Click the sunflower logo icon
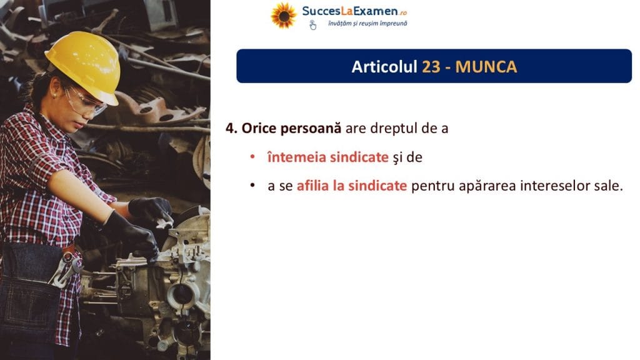(283, 16)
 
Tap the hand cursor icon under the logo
(312, 25)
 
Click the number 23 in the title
(431, 66)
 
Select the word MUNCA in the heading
(486, 66)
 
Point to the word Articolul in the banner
(384, 66)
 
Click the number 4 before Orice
(231, 128)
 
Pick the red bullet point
(252, 157)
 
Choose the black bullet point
(252, 186)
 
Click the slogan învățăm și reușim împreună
(367, 24)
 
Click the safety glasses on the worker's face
(84, 101)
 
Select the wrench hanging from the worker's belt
(65, 269)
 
